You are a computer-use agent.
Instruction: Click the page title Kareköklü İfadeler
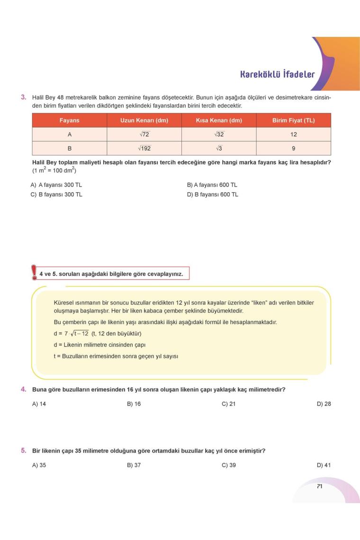[277, 74]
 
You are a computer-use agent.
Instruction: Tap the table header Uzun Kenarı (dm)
[144, 120]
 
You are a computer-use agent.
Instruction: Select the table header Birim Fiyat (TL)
[293, 120]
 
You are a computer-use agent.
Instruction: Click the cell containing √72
[144, 135]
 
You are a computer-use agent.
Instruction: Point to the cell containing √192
[144, 148]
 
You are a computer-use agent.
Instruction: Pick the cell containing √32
[219, 135]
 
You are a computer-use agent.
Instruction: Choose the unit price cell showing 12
[293, 135]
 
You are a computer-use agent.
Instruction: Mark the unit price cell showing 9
[293, 148]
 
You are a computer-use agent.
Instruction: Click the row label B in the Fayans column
[69, 148]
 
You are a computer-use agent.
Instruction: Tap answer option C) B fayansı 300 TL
[56, 194]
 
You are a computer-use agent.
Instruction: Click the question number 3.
[23, 97]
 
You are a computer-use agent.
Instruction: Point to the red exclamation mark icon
[34, 272]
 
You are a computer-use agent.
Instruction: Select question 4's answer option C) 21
[228, 404]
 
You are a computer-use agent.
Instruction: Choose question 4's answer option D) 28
[324, 404]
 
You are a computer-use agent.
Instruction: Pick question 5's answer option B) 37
[134, 465]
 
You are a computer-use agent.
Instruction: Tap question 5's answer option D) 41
[324, 465]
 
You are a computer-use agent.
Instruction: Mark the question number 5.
[23, 450]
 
